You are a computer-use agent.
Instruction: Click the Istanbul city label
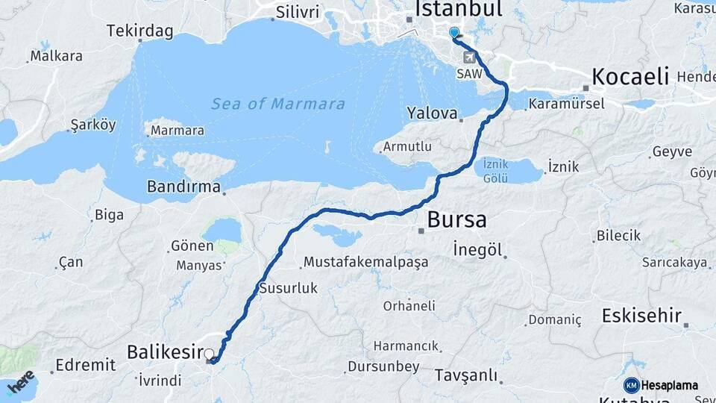coord(458,9)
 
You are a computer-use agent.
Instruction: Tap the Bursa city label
coord(456,220)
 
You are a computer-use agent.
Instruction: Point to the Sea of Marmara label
coord(278,104)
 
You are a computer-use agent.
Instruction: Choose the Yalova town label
coord(432,113)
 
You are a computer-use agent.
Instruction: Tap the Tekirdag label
coord(139,31)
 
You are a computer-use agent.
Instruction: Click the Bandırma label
coord(183,186)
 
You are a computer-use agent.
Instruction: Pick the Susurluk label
coord(288,287)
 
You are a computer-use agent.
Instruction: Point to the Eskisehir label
coord(641,316)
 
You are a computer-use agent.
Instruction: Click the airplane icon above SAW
coord(469,57)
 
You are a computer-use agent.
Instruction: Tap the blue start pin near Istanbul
coord(454,33)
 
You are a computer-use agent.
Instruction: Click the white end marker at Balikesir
coord(209,354)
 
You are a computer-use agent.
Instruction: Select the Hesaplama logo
coord(661,385)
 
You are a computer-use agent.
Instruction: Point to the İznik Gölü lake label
coord(496,171)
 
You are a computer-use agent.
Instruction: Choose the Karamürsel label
coord(567,104)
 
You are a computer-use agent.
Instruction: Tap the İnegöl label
coord(477,250)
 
